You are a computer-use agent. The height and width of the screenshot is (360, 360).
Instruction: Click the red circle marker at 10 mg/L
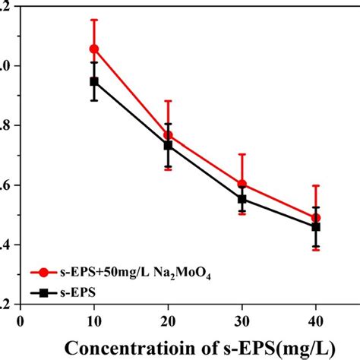pos(94,49)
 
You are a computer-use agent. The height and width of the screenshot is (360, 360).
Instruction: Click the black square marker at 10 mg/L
pos(94,81)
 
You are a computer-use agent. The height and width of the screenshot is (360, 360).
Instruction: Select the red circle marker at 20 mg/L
pos(168,135)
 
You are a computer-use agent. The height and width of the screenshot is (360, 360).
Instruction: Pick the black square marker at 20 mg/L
pos(168,145)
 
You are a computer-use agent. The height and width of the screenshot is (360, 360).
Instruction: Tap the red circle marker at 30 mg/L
pos(242,185)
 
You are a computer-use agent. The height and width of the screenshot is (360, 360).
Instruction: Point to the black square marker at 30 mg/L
pos(242,199)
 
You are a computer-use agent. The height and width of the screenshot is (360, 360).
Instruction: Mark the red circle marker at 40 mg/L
pos(316,218)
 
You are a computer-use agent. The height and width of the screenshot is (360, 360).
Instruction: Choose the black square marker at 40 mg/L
pos(316,226)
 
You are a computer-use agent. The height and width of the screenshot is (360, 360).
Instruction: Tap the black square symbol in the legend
pos(45,289)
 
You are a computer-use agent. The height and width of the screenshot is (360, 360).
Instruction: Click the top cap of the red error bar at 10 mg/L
pos(94,20)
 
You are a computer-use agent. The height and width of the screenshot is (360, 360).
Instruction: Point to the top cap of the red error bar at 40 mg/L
pos(316,185)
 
